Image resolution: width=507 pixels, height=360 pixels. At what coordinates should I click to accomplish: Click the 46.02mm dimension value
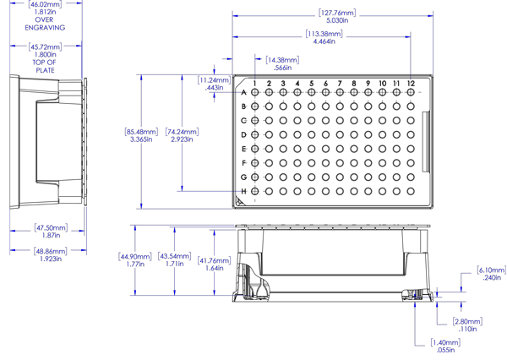point(46,5)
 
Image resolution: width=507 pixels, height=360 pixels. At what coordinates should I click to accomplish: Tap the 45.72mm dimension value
point(46,46)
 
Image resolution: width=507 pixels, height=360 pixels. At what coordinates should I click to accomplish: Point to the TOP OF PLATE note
point(46,66)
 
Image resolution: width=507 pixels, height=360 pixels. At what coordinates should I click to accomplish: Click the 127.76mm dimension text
point(338,13)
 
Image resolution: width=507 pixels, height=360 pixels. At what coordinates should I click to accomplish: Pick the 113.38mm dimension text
point(325,35)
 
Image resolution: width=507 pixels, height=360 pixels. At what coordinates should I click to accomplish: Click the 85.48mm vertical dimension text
point(140,132)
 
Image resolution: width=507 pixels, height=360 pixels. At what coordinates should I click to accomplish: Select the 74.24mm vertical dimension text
point(183,132)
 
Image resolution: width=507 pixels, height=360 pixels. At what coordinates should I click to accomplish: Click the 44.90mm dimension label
point(134,256)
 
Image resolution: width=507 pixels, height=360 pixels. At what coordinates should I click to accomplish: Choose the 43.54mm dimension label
point(175,256)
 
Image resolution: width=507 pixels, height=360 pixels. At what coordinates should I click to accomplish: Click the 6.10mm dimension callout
point(492,270)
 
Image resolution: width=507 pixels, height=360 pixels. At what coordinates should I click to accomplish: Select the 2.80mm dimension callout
point(467,322)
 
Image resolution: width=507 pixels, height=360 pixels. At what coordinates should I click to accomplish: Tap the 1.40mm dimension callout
point(445,342)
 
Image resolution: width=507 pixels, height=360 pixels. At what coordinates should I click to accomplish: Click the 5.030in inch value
point(338,20)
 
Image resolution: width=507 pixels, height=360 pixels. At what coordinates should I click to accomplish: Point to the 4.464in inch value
point(325,41)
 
